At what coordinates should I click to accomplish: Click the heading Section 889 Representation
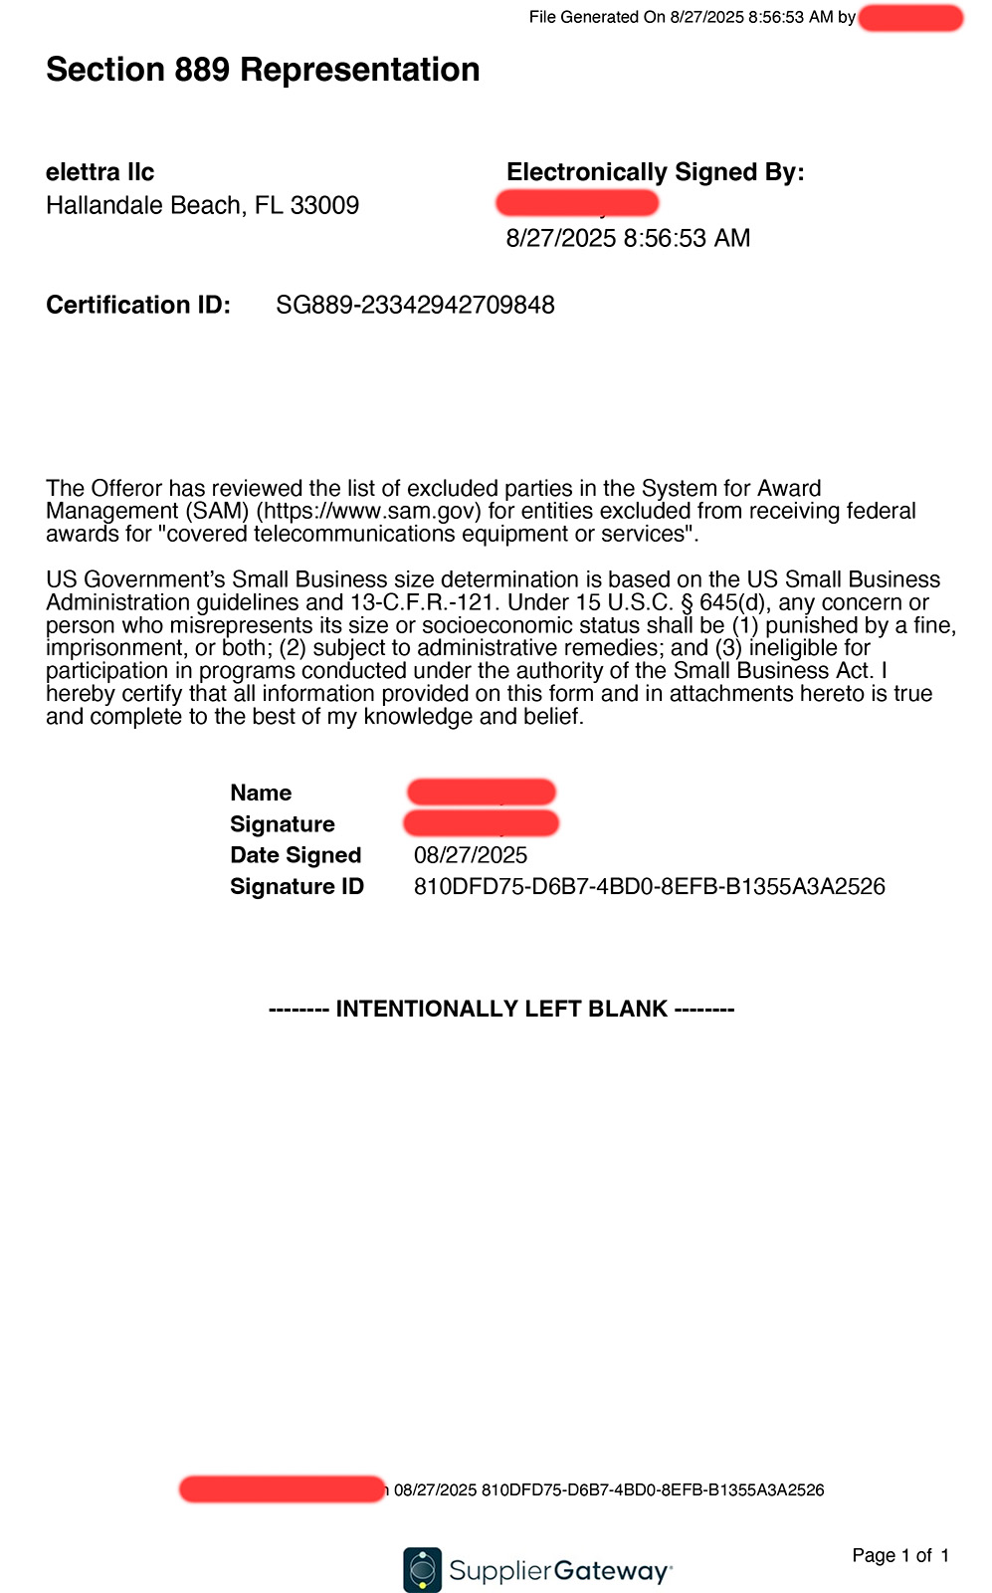click(263, 70)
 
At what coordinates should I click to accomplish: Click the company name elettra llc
click(99, 172)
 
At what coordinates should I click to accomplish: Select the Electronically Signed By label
click(655, 172)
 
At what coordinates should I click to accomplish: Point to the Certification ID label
click(137, 305)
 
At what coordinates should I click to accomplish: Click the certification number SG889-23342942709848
click(415, 305)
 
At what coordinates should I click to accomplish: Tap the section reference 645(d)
click(737, 602)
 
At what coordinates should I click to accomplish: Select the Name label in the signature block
click(261, 793)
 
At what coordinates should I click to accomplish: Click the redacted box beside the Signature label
click(481, 823)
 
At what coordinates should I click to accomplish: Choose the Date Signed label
click(295, 855)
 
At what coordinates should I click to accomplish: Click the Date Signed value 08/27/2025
click(470, 855)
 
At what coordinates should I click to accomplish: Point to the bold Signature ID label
click(297, 886)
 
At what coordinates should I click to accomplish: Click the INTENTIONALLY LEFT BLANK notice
click(501, 1010)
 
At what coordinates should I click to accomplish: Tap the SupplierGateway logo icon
click(422, 1570)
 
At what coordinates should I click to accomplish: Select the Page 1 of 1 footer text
click(900, 1555)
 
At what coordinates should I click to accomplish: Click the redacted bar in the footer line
click(282, 1489)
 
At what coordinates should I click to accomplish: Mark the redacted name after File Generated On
click(910, 18)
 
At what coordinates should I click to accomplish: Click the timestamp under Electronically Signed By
click(628, 238)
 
